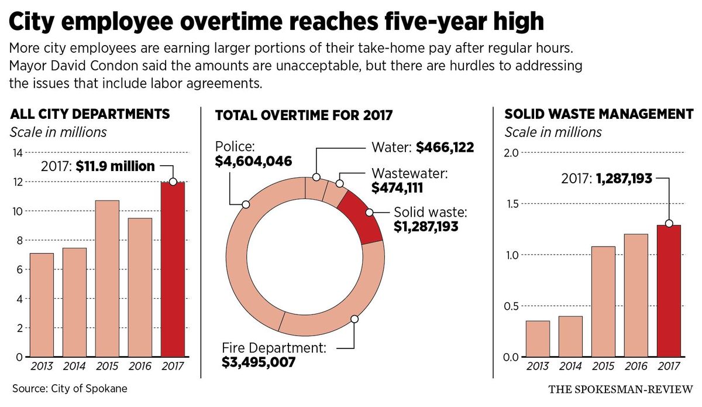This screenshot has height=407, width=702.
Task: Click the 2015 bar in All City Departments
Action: point(107,279)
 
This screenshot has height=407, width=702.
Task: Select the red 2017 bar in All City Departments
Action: point(173,269)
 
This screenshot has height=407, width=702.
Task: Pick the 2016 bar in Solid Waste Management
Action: point(636,295)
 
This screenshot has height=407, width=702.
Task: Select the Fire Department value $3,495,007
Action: point(259,362)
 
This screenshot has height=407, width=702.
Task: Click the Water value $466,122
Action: point(445,148)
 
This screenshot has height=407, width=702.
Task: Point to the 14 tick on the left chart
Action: point(18,153)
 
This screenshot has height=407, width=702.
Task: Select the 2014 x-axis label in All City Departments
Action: point(74,367)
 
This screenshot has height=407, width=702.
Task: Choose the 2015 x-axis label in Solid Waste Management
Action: point(603,367)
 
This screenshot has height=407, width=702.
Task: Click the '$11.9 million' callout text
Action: point(115,167)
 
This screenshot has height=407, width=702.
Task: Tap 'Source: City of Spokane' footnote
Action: point(69,389)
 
